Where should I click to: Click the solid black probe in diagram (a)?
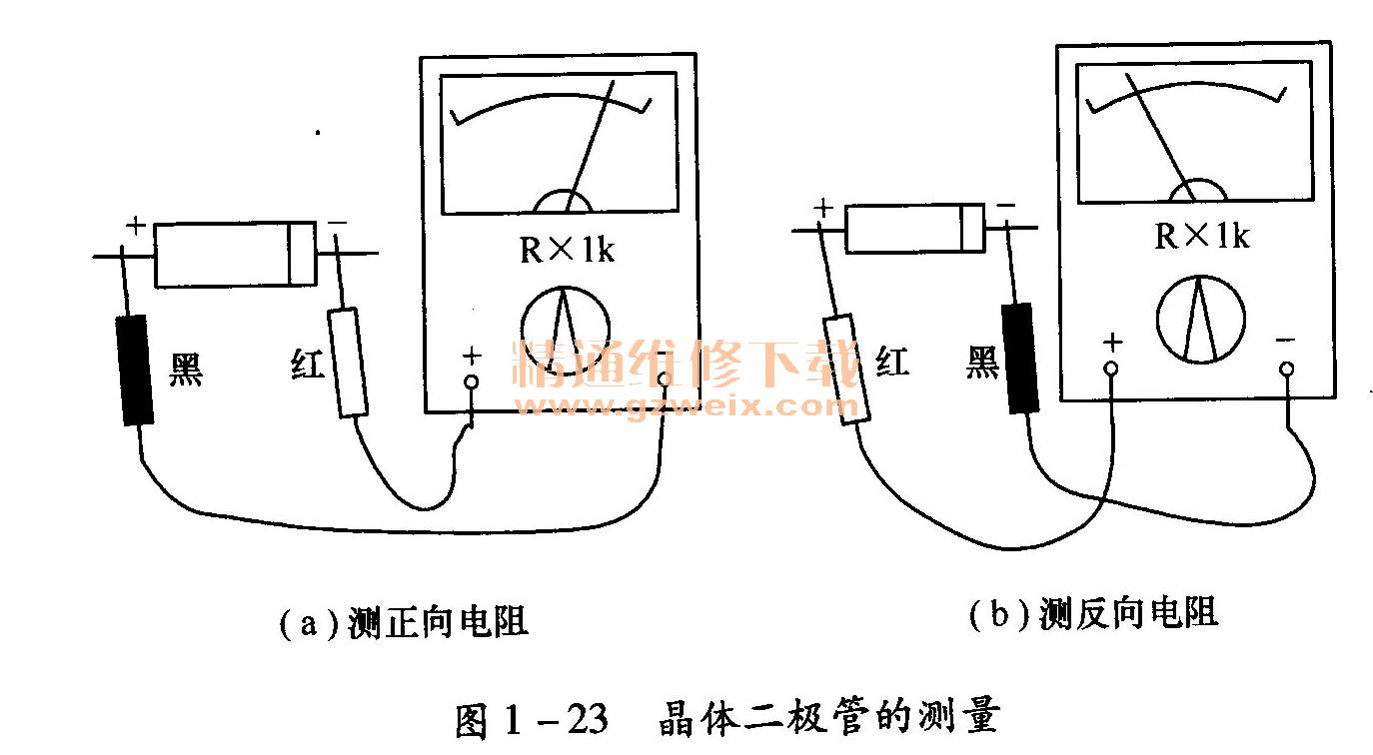[135, 370]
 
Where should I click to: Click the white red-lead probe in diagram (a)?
[348, 362]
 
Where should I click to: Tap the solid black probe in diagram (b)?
[1020, 358]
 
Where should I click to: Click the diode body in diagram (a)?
[236, 255]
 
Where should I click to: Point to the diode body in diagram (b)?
[914, 229]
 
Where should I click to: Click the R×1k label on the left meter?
[567, 250]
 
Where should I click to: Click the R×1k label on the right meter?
[1202, 237]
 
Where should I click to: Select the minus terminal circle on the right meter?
[1287, 368]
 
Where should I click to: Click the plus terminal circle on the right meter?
[1111, 368]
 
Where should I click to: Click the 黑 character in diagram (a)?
[186, 371]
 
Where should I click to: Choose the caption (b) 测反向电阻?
[1093, 612]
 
